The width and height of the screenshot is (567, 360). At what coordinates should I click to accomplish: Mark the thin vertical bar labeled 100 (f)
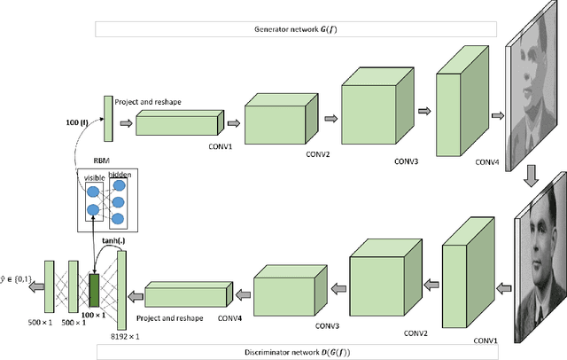tap(108, 119)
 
